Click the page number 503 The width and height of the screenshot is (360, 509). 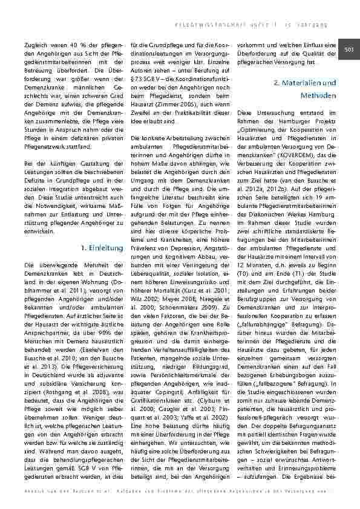pyautogui.click(x=350, y=49)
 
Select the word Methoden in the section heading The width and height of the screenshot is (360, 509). pyautogui.click(x=318, y=96)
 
